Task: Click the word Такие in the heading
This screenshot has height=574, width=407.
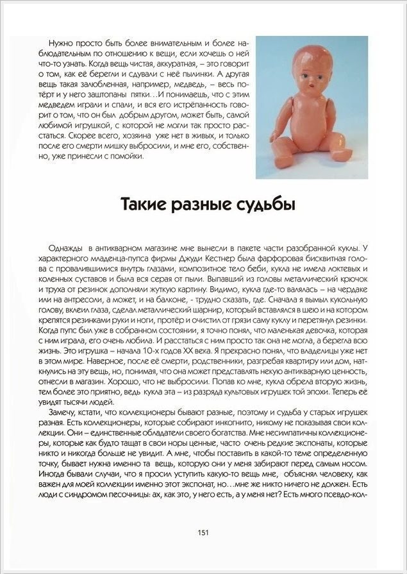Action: tap(144, 206)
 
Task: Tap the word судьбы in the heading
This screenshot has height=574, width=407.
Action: tap(263, 206)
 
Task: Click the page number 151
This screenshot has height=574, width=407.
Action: tap(203, 532)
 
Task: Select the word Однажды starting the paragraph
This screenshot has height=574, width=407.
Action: tap(66, 248)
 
